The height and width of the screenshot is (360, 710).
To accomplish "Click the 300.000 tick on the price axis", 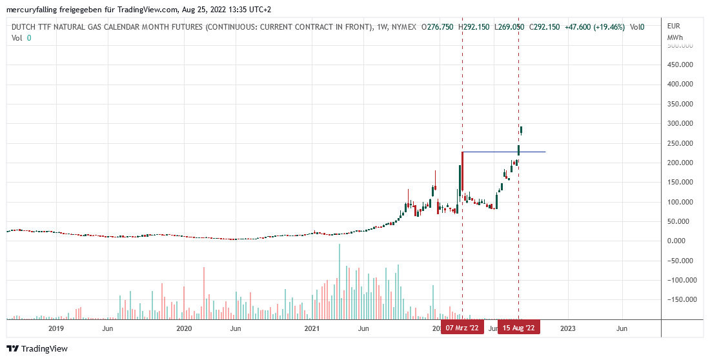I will point(680,123).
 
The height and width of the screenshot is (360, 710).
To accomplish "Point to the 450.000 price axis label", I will point(680,65).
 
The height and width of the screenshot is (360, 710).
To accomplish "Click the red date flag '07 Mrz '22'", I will point(462,328).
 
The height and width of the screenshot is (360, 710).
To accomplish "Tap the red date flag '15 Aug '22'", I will point(519,328).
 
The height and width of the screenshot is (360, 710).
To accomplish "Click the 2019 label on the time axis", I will point(56,328).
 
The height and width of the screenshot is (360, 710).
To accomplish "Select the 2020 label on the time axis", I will point(184,328).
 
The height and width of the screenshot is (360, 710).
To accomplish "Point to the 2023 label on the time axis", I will point(568,328).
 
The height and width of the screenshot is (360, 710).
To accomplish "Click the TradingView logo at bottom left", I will point(37,349).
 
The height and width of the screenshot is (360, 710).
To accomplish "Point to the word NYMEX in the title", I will point(404,27).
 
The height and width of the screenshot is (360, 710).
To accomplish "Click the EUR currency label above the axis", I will point(673,26).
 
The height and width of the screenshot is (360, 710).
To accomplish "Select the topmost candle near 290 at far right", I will point(522,130).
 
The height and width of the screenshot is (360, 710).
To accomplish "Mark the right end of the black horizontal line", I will point(545,152).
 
